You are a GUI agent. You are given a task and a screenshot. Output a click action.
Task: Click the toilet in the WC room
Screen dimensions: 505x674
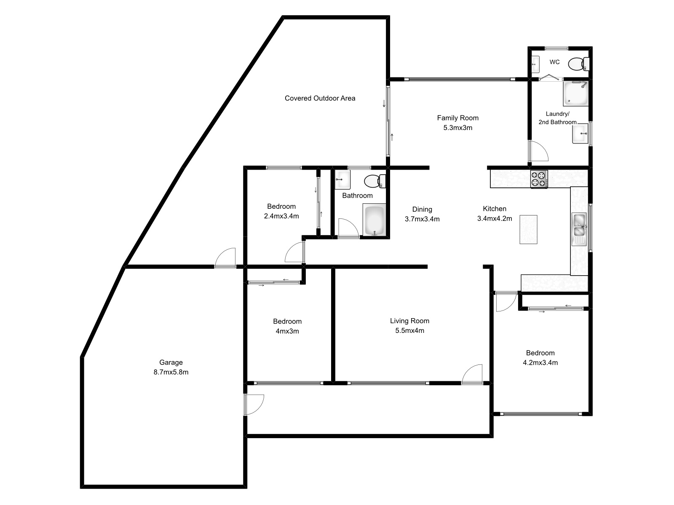coord(578,64)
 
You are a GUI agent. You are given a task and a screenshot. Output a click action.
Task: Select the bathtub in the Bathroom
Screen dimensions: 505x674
coord(374,220)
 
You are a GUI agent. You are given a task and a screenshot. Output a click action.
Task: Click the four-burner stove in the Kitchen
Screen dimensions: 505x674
coord(539,179)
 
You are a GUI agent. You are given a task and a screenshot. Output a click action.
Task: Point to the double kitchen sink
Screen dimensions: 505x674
coord(580,225)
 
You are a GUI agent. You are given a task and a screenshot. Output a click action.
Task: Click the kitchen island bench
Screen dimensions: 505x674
coord(529,229)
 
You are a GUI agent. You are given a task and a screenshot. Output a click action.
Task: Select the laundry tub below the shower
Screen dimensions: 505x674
coord(580,134)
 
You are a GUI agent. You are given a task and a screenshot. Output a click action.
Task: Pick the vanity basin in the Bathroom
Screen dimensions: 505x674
coord(342,180)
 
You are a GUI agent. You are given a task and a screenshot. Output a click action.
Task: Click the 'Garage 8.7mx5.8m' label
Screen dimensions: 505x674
coord(171,367)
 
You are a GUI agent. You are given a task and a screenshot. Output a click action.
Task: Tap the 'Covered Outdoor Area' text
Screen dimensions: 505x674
coord(320,98)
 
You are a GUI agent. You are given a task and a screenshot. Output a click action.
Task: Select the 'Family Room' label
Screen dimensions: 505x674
coord(457,118)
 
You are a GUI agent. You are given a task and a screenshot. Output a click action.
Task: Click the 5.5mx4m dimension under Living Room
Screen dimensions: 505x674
coord(409,331)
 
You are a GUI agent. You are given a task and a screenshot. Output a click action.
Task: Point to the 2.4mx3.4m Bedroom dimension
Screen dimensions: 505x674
coord(281,216)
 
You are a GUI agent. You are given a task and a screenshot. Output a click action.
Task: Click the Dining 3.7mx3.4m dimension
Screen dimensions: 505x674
coord(422,219)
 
